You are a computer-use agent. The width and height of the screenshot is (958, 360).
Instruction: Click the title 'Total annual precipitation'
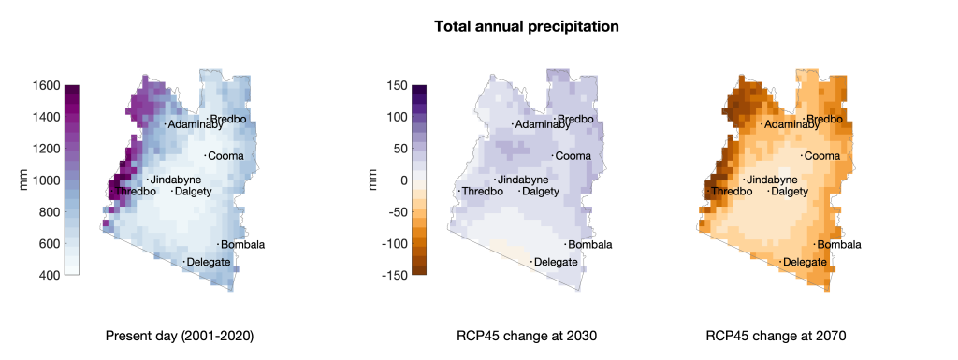(526, 27)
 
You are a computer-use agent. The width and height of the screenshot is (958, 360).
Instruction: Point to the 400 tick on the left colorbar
(49, 275)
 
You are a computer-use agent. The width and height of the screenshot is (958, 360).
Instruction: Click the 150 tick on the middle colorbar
(396, 85)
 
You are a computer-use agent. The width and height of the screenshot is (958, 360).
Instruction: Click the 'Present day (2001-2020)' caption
(180, 336)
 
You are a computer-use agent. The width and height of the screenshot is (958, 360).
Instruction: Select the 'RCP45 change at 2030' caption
(527, 336)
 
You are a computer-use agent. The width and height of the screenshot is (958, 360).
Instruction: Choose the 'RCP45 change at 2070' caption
(776, 336)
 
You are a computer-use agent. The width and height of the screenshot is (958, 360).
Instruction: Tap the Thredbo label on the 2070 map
(732, 192)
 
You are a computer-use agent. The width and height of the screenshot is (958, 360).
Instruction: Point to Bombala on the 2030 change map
(590, 245)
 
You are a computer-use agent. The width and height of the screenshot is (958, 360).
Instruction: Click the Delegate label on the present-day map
(209, 263)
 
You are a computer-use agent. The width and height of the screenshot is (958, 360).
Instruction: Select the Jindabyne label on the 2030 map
(523, 180)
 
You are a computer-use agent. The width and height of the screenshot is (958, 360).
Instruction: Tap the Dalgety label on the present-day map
(193, 192)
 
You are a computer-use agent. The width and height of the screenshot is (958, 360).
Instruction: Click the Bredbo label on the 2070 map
(825, 119)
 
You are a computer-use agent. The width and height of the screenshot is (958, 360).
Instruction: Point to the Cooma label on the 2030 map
(573, 155)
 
